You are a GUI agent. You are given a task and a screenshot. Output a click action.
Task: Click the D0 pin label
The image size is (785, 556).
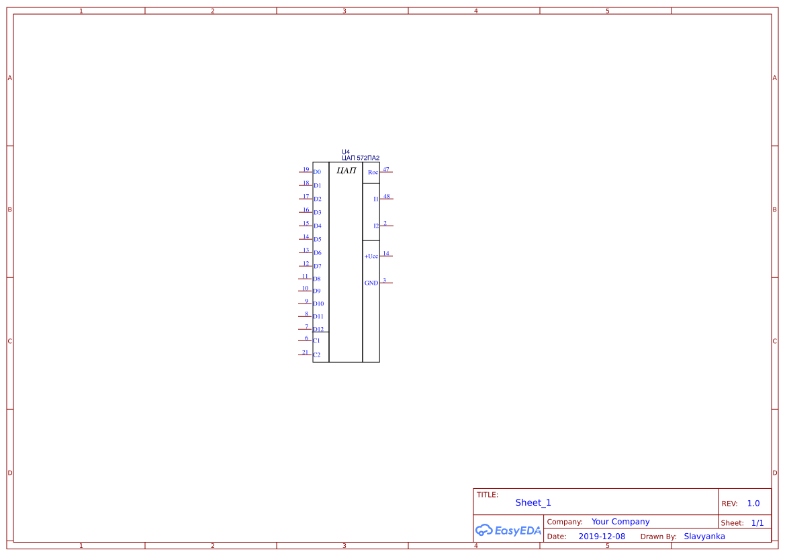317,172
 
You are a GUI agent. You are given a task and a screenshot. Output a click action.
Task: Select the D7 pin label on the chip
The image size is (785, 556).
318,266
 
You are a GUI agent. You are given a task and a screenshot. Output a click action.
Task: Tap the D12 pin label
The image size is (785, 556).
318,329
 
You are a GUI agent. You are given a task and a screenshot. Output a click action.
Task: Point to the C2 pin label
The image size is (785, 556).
316,355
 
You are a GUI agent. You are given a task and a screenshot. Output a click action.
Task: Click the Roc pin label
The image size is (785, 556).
373,172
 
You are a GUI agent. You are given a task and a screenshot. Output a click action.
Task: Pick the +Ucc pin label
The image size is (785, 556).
371,257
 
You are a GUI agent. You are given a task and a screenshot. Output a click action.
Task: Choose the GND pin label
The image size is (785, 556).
371,283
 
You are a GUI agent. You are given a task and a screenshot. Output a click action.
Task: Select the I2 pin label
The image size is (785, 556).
376,226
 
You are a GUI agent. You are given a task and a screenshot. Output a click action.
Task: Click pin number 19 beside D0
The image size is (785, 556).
306,170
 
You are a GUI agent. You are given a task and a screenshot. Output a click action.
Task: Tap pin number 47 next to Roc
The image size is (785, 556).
386,170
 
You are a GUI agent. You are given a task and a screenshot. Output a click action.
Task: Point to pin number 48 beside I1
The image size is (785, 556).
387,196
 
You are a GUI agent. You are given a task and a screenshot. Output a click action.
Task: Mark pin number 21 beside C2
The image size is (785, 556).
306,353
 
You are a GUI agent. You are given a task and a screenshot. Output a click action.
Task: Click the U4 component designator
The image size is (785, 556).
346,152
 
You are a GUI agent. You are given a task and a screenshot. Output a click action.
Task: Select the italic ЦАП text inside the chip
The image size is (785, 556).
347,171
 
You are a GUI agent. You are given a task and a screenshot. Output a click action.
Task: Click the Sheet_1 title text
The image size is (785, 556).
533,502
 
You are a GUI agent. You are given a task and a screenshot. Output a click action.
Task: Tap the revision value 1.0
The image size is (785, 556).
753,504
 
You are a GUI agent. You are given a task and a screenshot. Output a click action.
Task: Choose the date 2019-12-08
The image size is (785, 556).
602,537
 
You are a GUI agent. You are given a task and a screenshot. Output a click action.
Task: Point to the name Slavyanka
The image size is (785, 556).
704,537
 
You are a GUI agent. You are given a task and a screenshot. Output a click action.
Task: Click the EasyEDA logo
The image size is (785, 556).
508,530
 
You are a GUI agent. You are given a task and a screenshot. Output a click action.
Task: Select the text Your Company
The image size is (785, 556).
620,522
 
